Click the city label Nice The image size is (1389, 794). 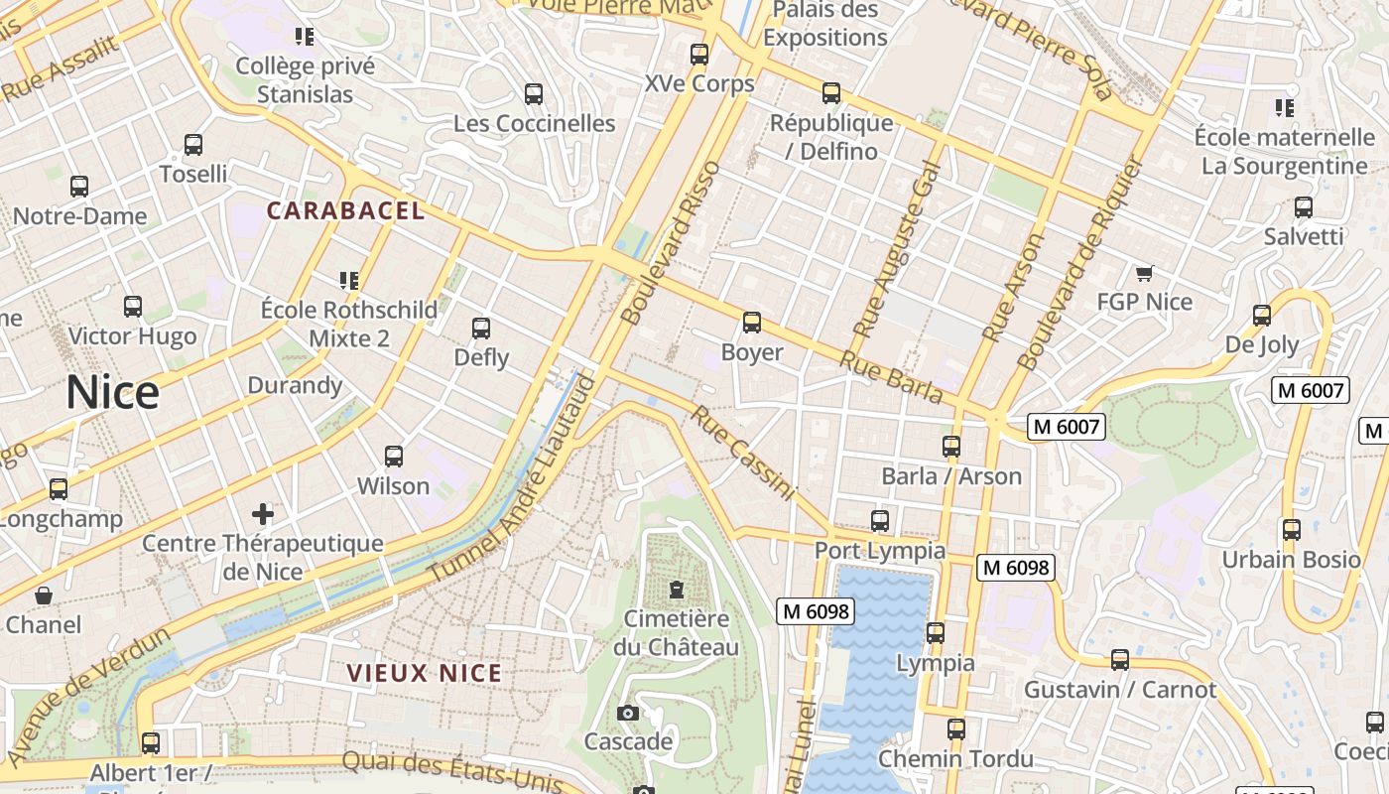(112, 393)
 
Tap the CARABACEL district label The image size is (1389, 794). (345, 210)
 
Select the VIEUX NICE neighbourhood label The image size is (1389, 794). (425, 673)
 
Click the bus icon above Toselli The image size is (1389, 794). (193, 145)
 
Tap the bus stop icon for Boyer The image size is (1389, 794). (752, 323)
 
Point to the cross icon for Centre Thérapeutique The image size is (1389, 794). (263, 514)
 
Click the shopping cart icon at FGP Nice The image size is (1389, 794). (1144, 273)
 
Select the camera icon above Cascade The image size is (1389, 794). (628, 713)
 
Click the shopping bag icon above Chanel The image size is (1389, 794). (44, 595)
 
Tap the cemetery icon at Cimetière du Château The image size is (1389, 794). (677, 590)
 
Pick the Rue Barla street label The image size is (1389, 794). (891, 377)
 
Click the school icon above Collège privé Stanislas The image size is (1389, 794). (305, 37)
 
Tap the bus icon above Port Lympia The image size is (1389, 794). (879, 520)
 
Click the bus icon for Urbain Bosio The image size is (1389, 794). (1291, 530)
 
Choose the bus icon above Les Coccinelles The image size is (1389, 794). (534, 94)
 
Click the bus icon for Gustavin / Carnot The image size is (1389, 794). (1120, 660)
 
